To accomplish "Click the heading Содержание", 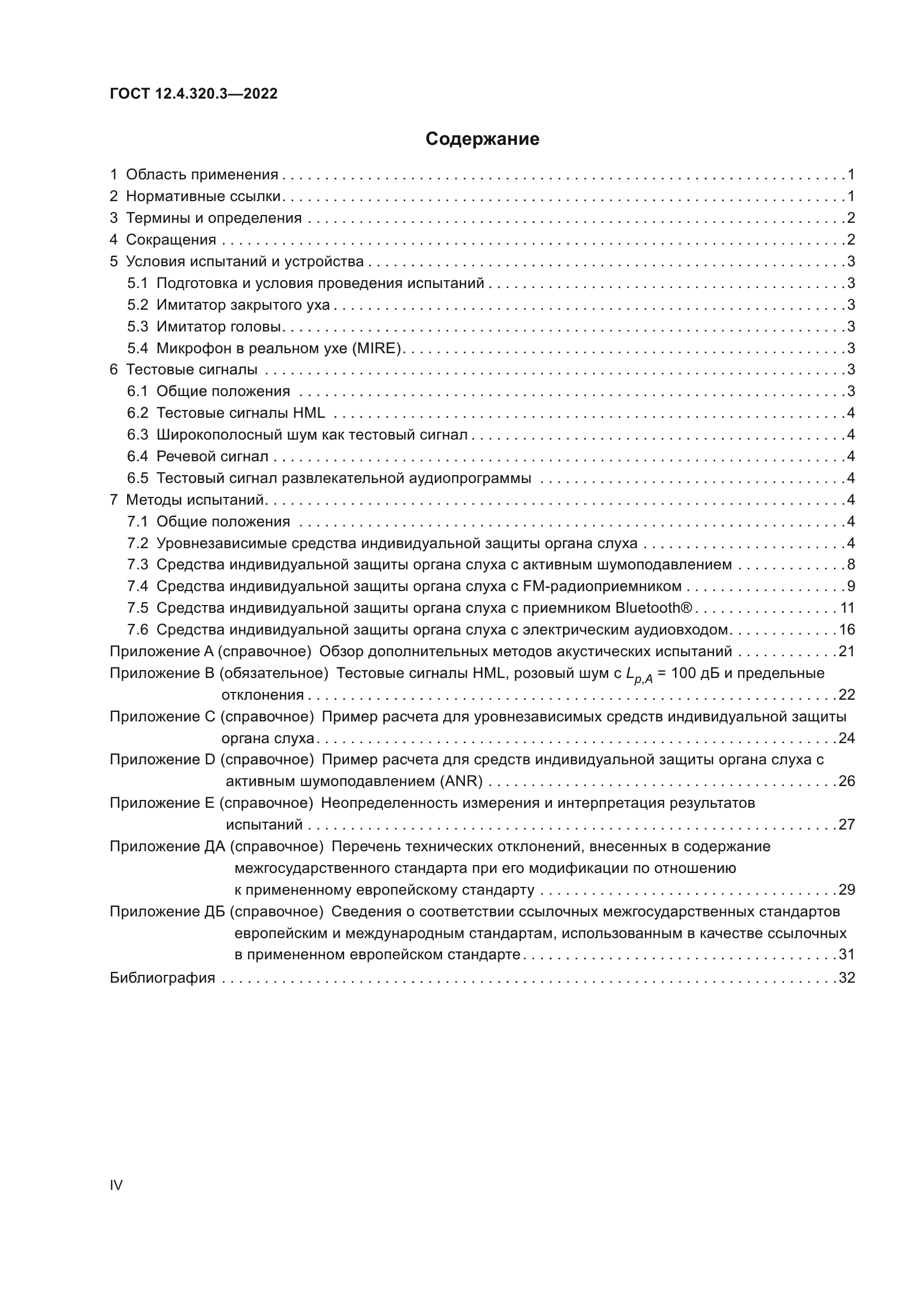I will [482, 139].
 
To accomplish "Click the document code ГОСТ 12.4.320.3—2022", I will [193, 94].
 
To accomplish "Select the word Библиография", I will [162, 978].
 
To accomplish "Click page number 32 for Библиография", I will [847, 978].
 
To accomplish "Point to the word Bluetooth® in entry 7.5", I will [654, 608].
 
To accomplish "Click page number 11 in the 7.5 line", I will [847, 608].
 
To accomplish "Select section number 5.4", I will [137, 348].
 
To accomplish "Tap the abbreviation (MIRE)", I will [377, 348].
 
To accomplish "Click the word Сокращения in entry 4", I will [171, 240].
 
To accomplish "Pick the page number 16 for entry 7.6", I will [847, 629].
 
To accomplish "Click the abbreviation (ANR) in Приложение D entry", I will [461, 782].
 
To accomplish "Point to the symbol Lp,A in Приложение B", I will [639, 675].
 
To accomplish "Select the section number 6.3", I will [137, 435].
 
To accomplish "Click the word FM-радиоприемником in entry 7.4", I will [602, 586].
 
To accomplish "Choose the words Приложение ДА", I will [167, 846].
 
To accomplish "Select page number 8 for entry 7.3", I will [851, 565].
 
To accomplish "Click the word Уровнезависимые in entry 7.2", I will [221, 543].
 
